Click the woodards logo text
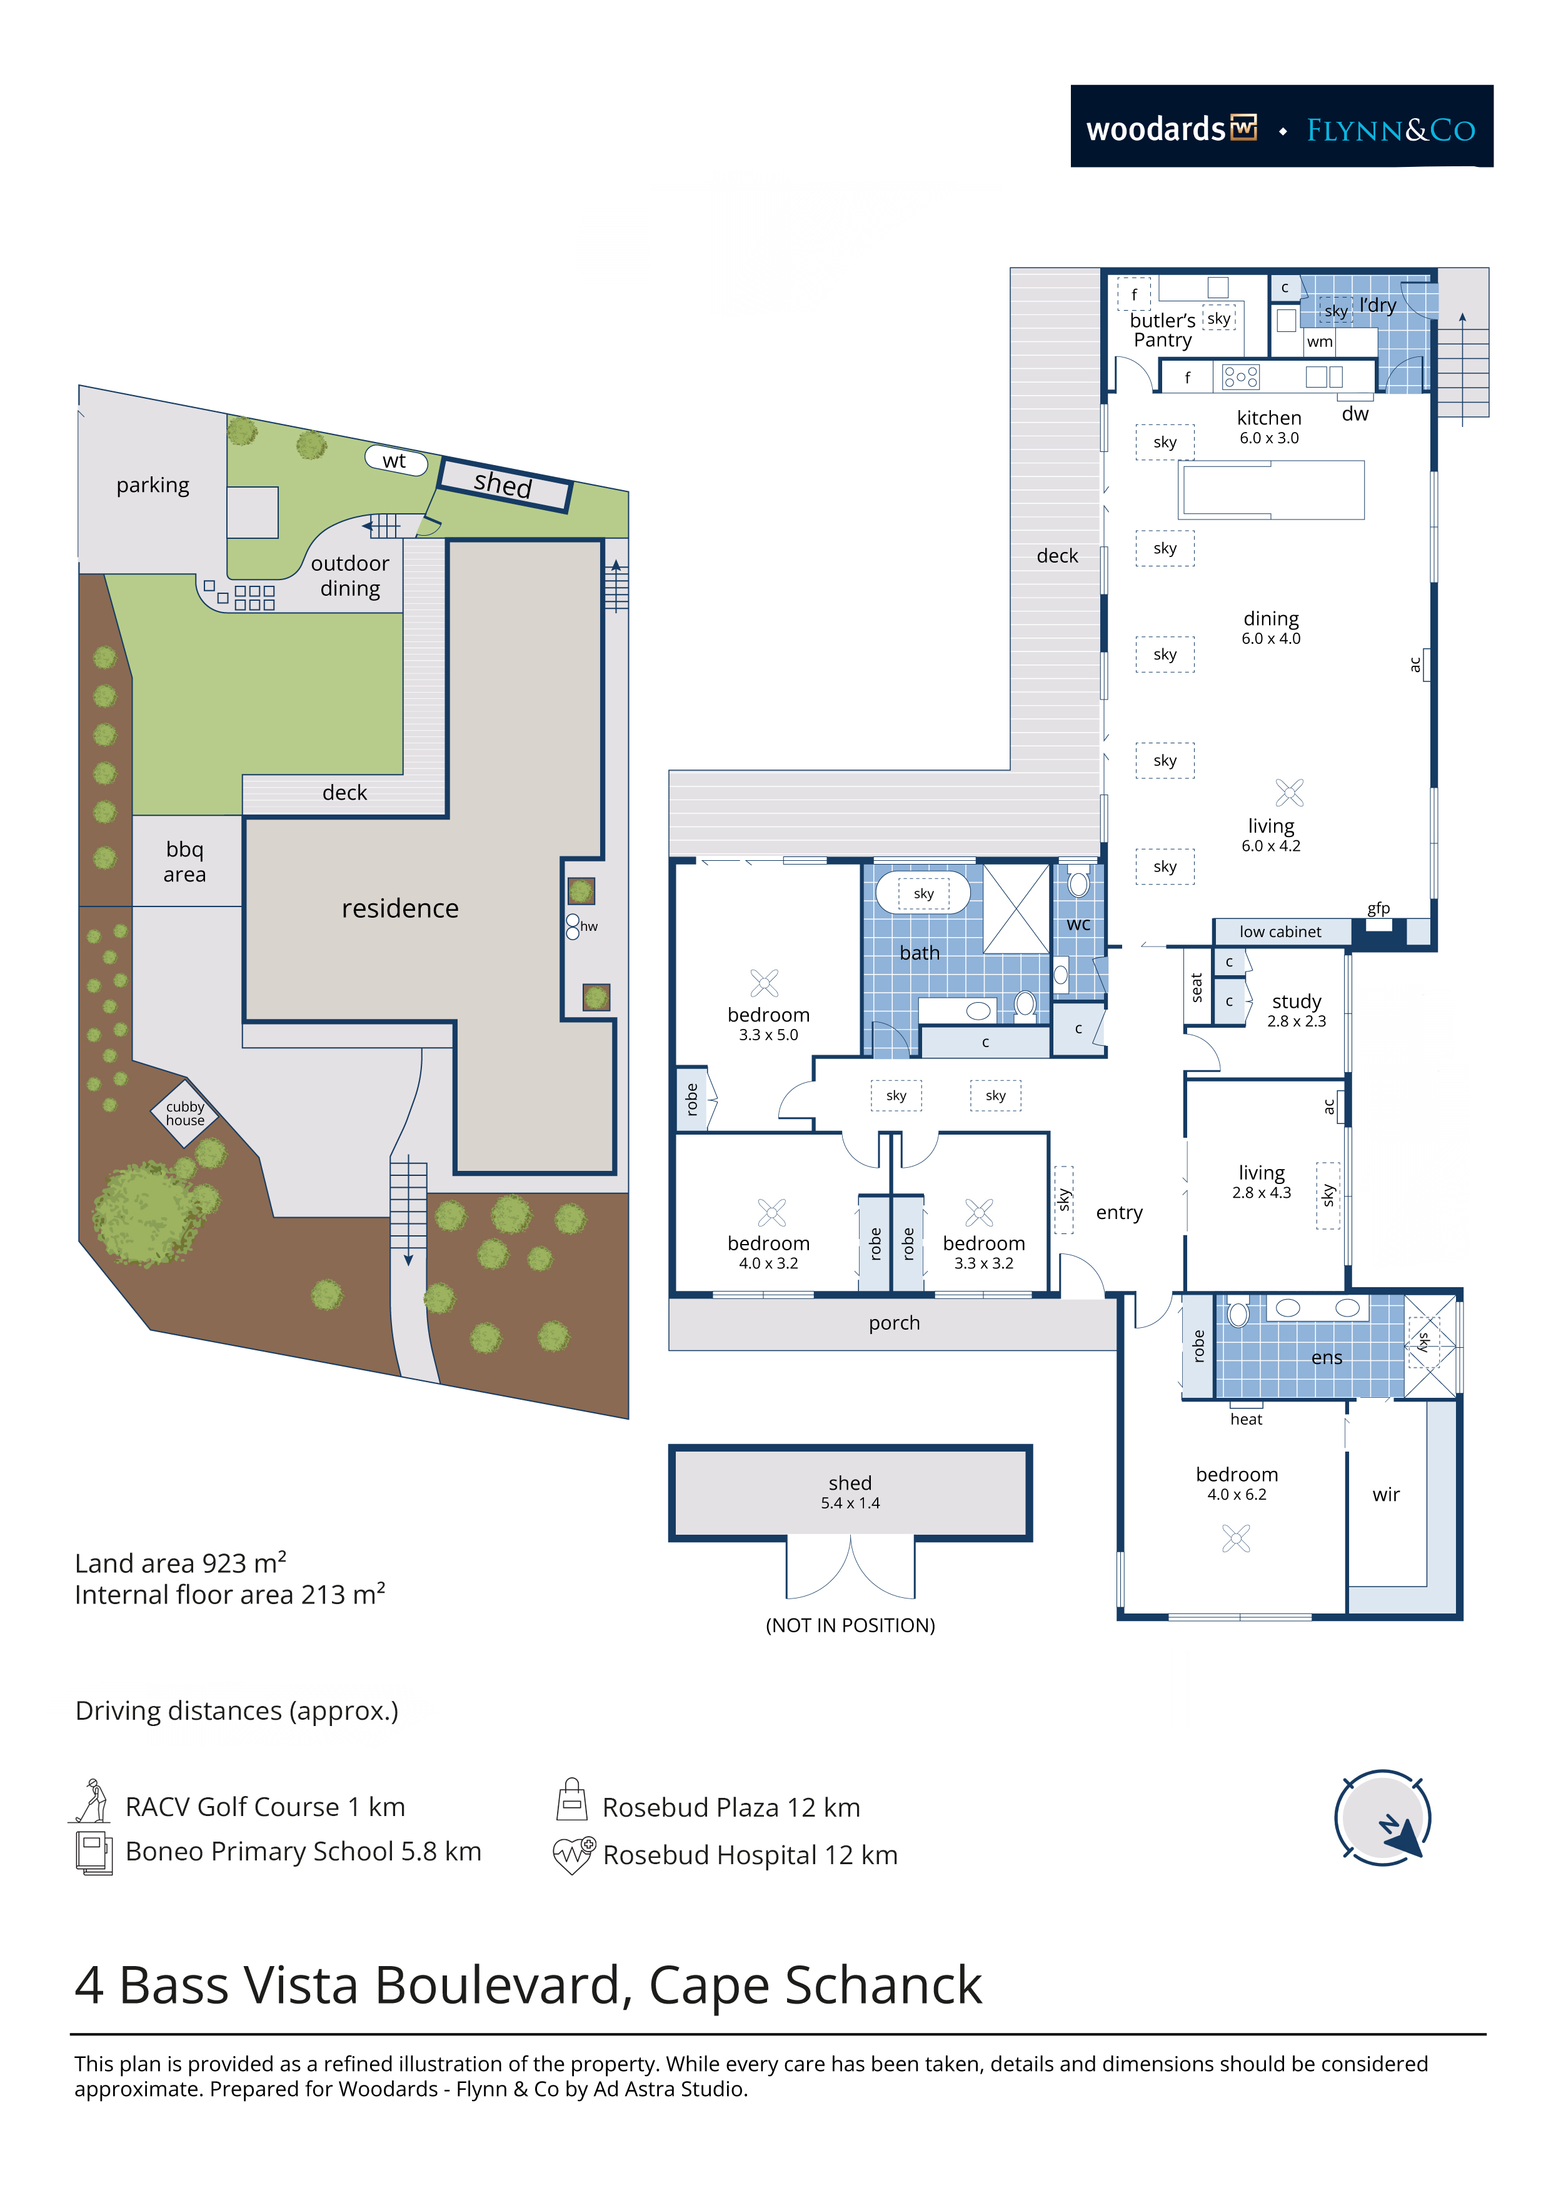click(1156, 129)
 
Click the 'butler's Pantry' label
click(1162, 329)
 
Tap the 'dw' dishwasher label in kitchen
click(1355, 414)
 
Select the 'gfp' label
click(1378, 908)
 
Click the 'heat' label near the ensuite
click(1247, 1419)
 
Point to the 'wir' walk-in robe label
click(1386, 1495)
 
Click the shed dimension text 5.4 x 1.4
click(850, 1503)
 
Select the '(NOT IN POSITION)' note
click(850, 1625)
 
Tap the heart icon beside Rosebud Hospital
click(574, 1855)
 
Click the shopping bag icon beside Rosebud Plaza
click(572, 1800)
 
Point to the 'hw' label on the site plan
click(590, 926)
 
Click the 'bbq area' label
click(184, 861)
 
